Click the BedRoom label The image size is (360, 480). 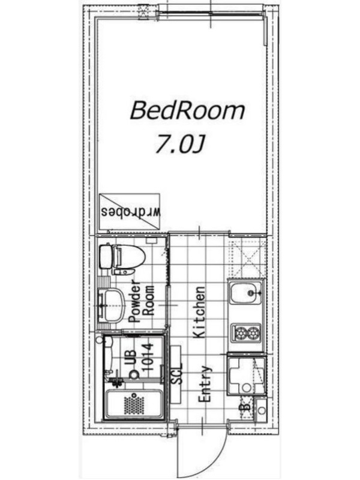187,111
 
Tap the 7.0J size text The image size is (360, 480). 179,143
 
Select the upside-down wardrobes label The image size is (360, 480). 131,212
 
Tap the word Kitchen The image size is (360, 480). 199,312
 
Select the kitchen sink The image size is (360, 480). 246,293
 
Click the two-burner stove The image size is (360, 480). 246,332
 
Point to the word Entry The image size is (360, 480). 205,383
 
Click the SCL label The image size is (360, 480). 176,373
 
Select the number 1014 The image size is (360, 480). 148,356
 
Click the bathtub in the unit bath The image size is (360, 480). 133,403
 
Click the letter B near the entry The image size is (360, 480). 245,407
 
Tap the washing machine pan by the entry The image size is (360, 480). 246,374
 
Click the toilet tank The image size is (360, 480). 106,257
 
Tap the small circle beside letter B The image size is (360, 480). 261,410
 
